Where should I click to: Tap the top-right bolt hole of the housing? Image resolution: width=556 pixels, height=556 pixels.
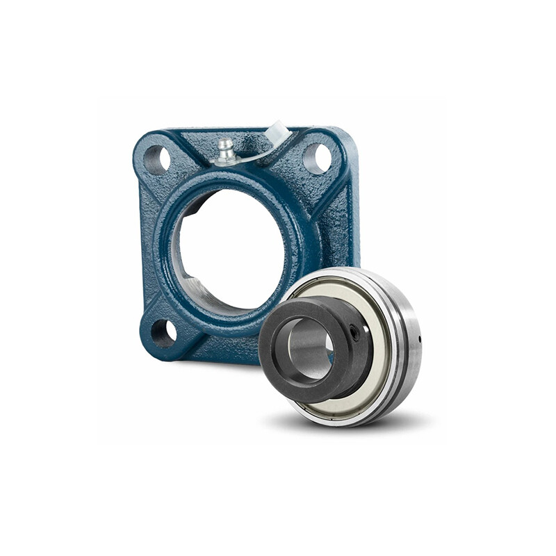[x=318, y=158]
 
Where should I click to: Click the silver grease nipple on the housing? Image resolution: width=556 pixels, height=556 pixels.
[x=225, y=150]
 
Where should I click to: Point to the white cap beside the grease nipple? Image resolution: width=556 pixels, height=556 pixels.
[x=277, y=131]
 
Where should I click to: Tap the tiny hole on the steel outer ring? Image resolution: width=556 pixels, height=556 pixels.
[x=420, y=340]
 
